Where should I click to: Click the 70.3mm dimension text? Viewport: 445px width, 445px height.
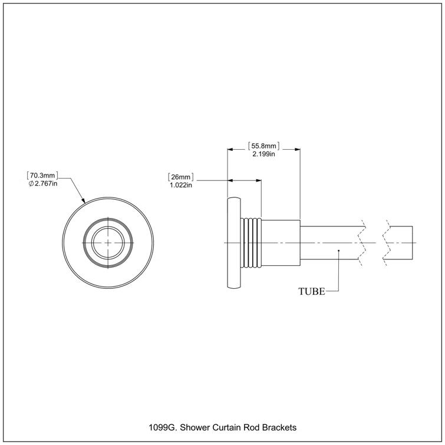(x=43, y=176)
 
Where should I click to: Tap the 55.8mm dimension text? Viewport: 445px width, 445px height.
(x=263, y=145)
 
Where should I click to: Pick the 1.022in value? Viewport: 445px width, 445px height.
(x=181, y=185)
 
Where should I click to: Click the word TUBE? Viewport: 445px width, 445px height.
(x=311, y=291)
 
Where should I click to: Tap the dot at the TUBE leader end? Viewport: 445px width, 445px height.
(x=338, y=252)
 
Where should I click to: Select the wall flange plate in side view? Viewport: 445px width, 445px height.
(x=233, y=243)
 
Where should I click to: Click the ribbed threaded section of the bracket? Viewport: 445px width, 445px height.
(x=252, y=243)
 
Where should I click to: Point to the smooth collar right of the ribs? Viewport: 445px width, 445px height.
(x=281, y=243)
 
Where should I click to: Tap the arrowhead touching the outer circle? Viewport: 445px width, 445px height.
(x=84, y=201)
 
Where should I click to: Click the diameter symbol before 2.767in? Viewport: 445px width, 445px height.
(x=32, y=184)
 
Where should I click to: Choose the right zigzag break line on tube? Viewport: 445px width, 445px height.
(x=386, y=243)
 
